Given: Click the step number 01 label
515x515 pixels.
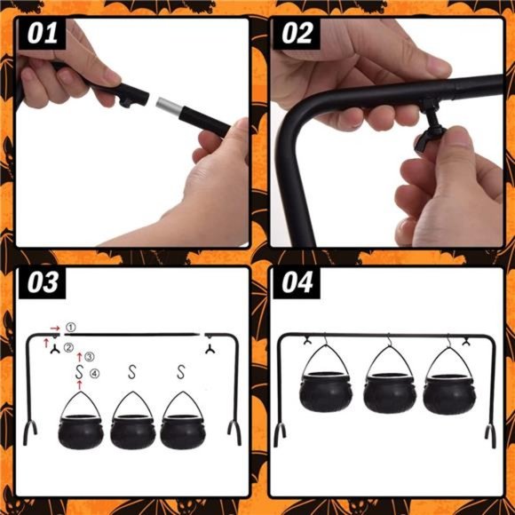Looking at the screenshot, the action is tap(43, 34).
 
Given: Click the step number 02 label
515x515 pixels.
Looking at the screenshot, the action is tap(297, 34).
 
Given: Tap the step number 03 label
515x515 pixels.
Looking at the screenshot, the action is tap(43, 282).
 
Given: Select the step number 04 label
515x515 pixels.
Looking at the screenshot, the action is tap(297, 282).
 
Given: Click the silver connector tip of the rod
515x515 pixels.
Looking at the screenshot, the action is tap(169, 105).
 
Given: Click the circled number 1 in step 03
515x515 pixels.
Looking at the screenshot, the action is tap(71, 327).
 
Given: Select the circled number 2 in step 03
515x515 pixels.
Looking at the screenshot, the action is tap(68, 347).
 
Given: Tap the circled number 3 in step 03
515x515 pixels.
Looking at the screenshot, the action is tap(89, 357).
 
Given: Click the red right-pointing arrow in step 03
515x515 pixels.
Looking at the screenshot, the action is tap(55, 329).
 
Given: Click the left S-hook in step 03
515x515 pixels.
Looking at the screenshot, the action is tap(79, 371).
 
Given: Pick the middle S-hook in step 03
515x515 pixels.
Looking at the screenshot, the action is tap(131, 371).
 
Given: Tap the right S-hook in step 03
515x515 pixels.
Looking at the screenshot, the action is tap(181, 371).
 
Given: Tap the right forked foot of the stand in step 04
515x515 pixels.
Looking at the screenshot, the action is tap(491, 436).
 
